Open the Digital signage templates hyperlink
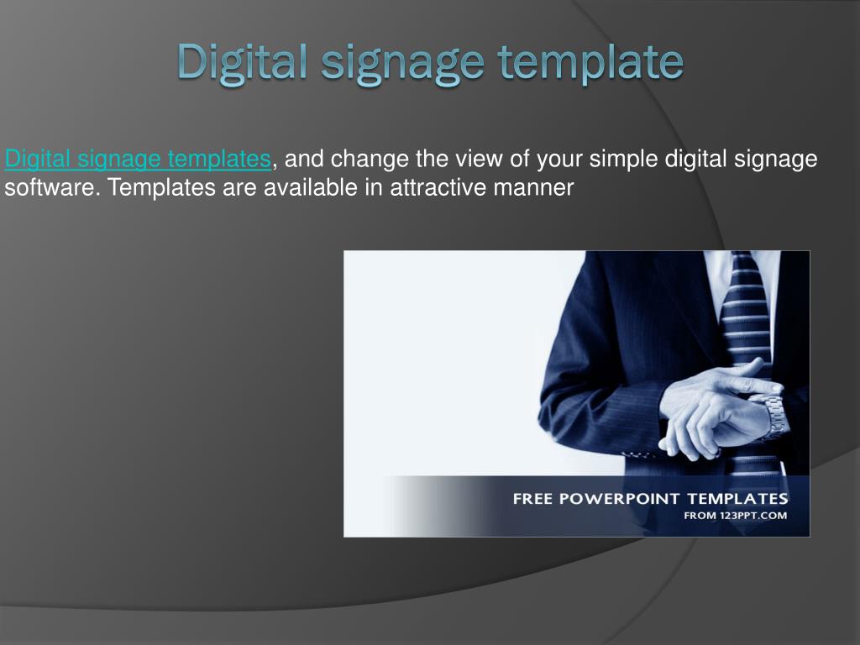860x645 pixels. [x=138, y=159]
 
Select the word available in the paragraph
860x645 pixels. [x=312, y=187]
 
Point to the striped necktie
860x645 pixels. [x=746, y=319]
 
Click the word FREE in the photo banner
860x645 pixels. [x=531, y=498]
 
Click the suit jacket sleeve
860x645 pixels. [x=588, y=395]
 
